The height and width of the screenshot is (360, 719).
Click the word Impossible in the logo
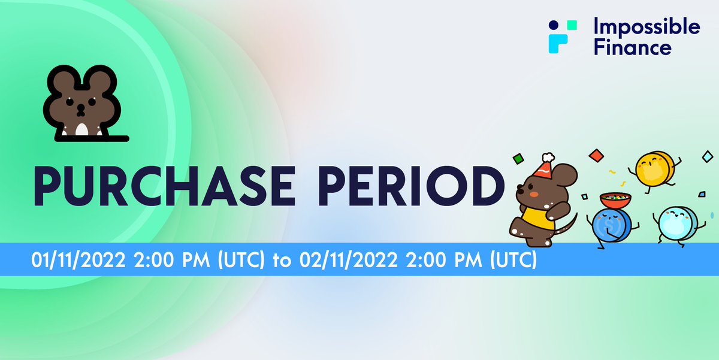tap(646, 26)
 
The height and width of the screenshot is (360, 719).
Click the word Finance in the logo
tap(632, 47)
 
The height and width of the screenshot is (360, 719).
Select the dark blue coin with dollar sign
tap(609, 226)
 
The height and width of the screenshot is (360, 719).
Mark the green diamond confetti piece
tap(518, 159)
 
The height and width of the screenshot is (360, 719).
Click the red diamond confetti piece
tap(596, 155)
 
